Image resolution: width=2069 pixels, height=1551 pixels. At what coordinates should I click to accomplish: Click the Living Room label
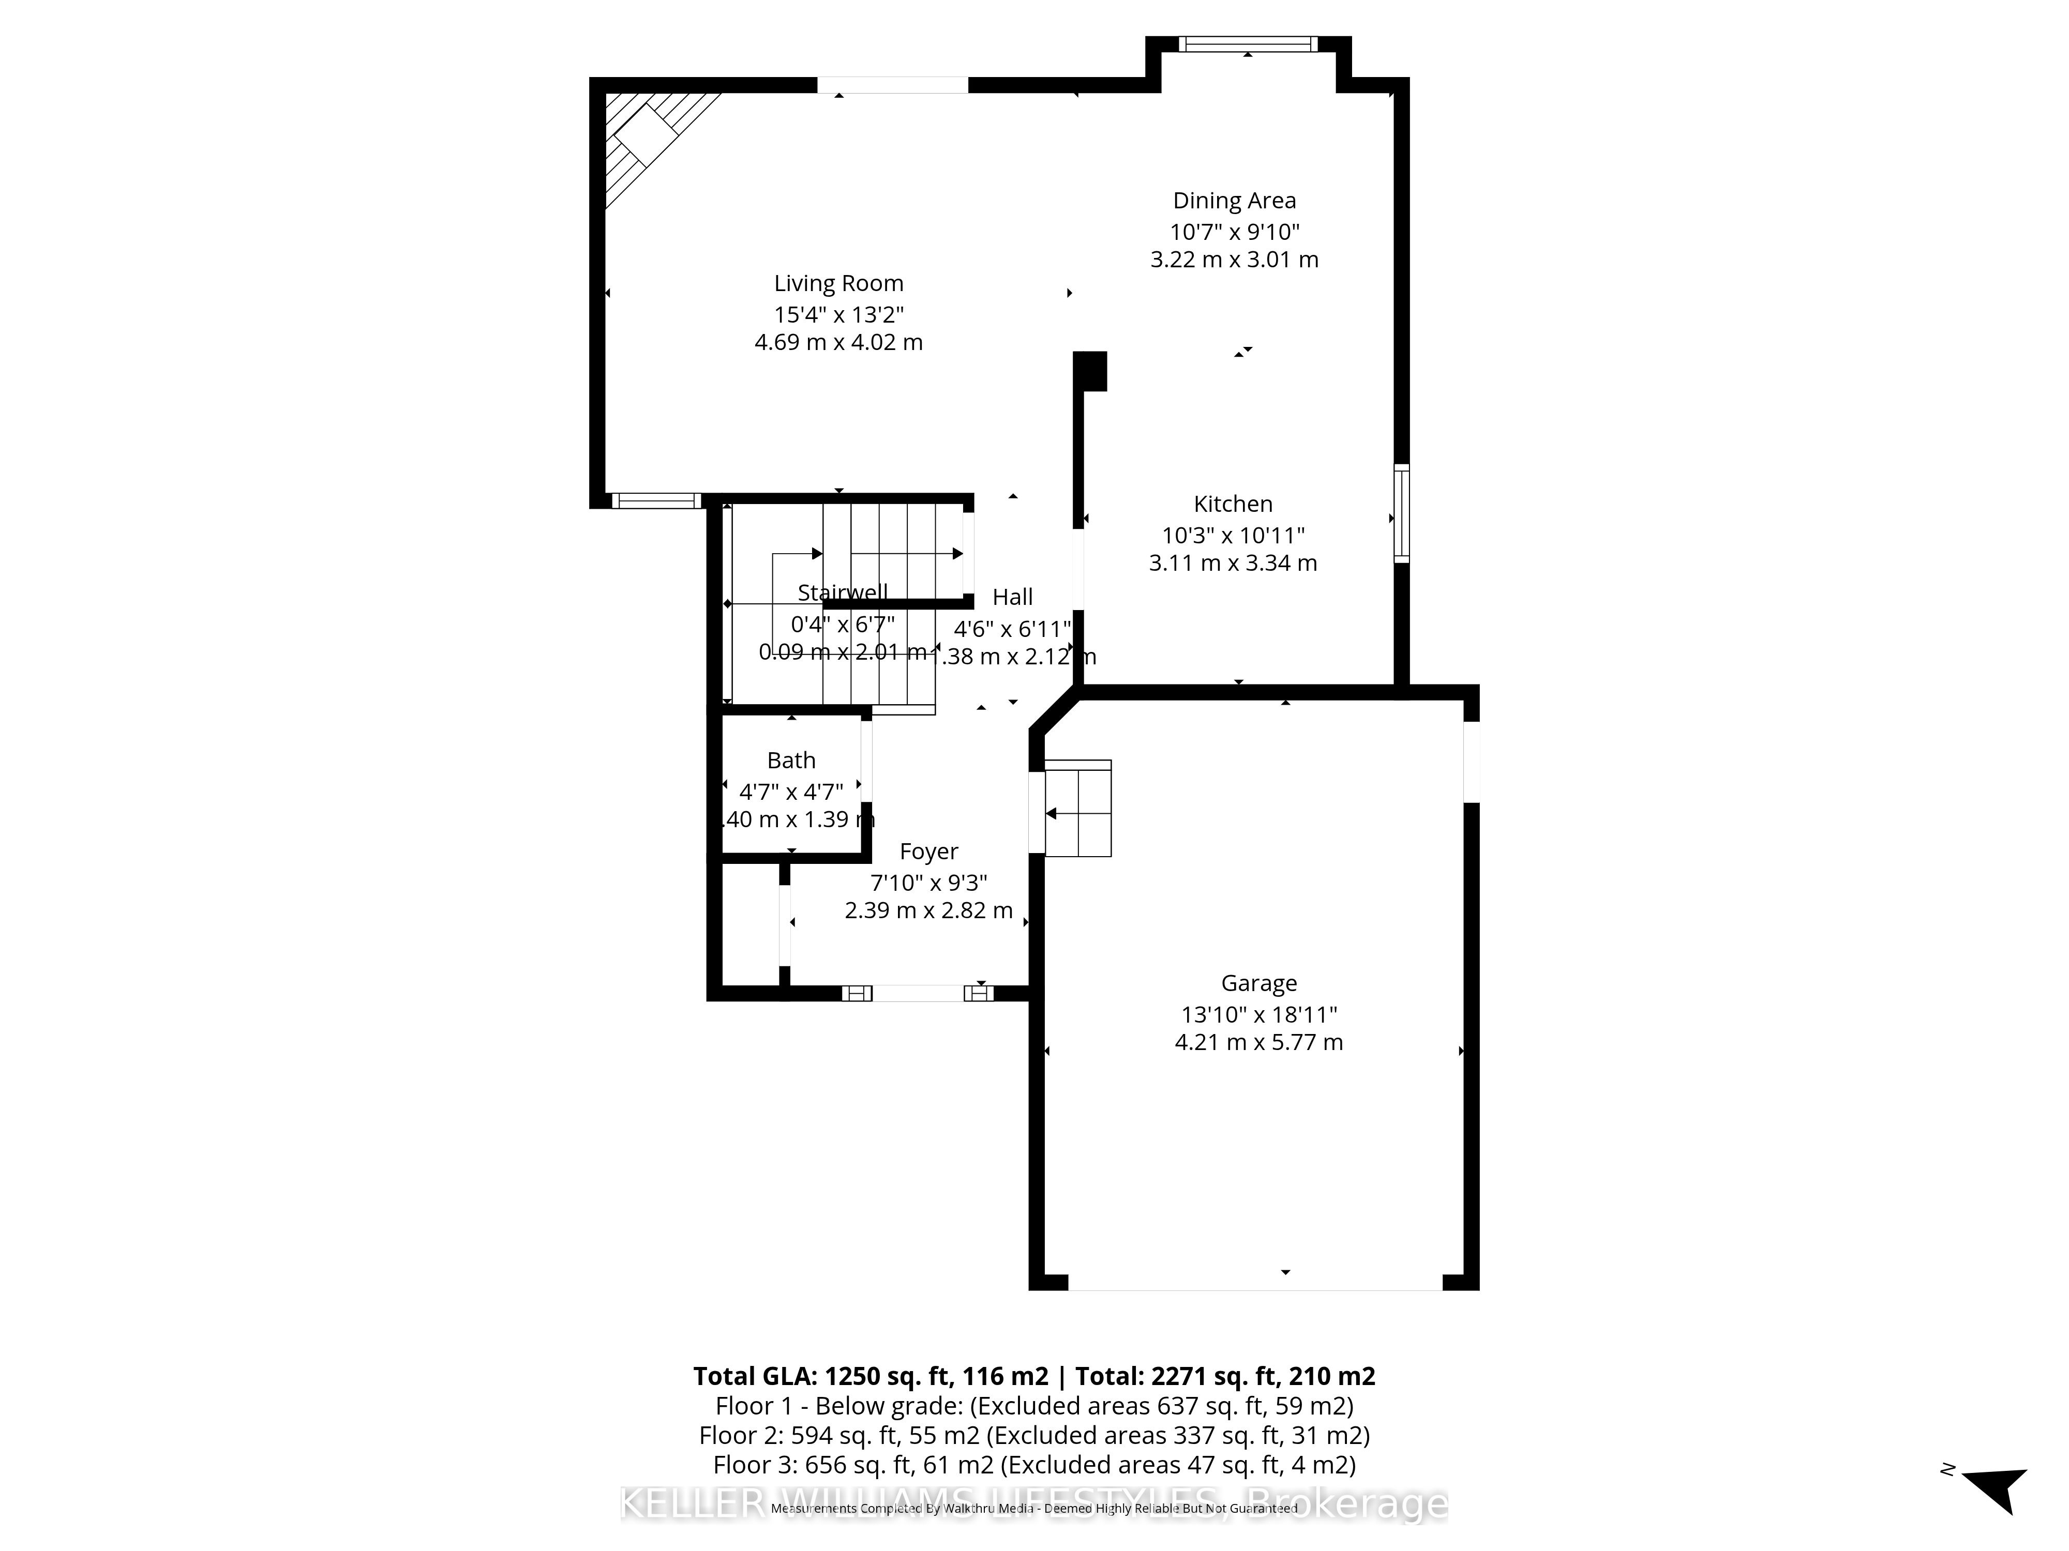(838, 283)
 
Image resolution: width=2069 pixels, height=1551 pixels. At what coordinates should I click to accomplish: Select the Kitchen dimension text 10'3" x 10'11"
(1232, 535)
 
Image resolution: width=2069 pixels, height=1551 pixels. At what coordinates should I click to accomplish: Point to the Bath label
(791, 760)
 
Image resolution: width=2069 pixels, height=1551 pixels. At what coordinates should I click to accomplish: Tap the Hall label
(1012, 597)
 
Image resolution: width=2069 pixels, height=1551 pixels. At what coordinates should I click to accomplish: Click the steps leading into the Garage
(1077, 809)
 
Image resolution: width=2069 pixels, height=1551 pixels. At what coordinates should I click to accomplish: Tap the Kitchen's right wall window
(1400, 513)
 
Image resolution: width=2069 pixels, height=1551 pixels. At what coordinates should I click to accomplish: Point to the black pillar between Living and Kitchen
(1090, 370)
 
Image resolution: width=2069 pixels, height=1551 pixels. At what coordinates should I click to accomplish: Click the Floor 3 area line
(1033, 1464)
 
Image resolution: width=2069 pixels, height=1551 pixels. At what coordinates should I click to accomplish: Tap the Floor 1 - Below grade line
(1033, 1405)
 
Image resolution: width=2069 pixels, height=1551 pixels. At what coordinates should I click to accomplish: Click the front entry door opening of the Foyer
(919, 993)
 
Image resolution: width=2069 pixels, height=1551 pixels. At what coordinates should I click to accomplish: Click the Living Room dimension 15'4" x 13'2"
(838, 314)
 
